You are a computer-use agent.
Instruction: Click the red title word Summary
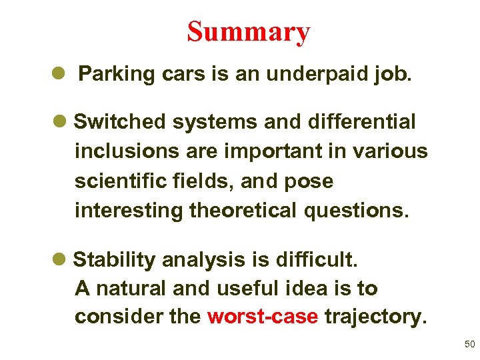point(248,31)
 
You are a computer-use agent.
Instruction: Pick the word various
point(389,151)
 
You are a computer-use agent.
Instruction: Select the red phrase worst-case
point(263,317)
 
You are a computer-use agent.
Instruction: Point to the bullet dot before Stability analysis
point(57,259)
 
